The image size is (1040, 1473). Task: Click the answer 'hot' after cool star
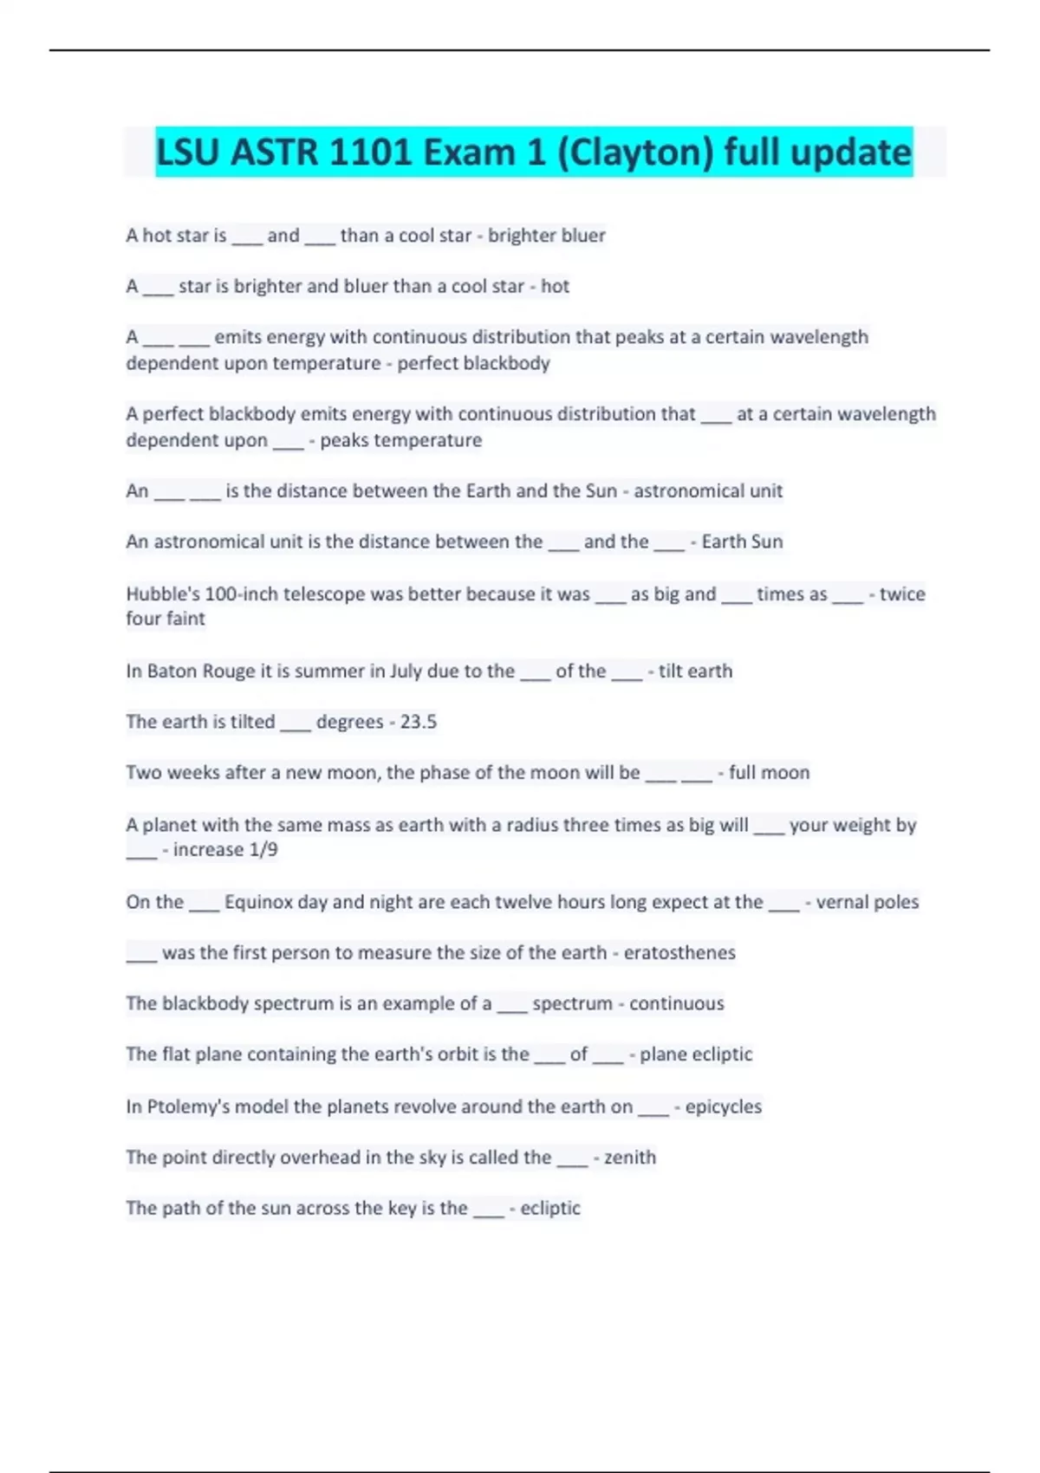coord(555,286)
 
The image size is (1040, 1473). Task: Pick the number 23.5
coord(418,722)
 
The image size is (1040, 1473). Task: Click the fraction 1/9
coord(263,850)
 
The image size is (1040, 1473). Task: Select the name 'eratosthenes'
coord(679,953)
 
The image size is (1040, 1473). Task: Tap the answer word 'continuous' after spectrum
coord(676,1003)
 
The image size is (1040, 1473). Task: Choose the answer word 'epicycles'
coord(723,1106)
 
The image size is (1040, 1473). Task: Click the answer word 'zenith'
coord(629,1158)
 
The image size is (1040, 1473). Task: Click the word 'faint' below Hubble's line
coord(186,619)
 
